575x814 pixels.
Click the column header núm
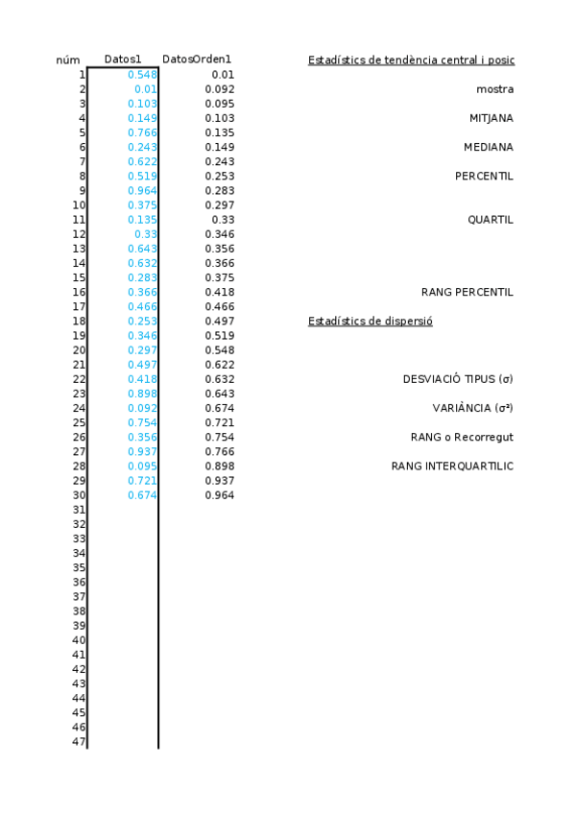tap(67, 60)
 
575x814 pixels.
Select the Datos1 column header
tap(123, 60)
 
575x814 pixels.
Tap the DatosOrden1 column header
tap(197, 60)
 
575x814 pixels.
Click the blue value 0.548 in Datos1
tap(142, 75)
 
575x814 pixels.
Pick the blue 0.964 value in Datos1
tap(142, 190)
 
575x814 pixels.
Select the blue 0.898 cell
tap(142, 394)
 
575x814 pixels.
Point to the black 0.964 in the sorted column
tap(220, 495)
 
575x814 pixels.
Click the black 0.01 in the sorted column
tap(223, 75)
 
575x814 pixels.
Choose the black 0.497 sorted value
tap(220, 321)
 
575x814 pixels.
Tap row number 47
tap(80, 742)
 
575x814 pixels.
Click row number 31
tap(80, 510)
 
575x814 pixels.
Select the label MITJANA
tap(491, 118)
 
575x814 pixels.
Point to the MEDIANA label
tap(488, 147)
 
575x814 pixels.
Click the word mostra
tap(494, 89)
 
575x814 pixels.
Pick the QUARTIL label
tap(490, 219)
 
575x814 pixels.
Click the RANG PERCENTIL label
tap(467, 292)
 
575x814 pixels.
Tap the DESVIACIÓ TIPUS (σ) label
tap(458, 379)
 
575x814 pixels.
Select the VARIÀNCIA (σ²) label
tap(472, 408)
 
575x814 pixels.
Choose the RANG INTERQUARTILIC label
tap(452, 466)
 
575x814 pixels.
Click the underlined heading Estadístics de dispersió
tap(370, 321)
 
